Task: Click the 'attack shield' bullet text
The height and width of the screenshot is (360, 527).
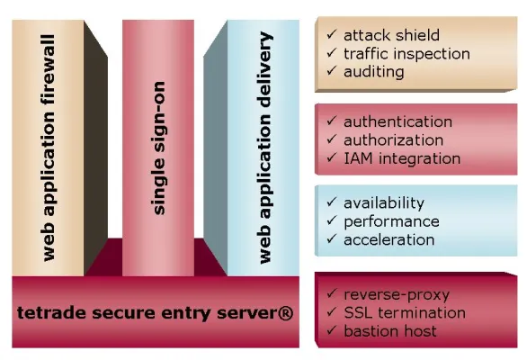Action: pyautogui.click(x=392, y=35)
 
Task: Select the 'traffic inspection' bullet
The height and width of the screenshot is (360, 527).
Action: pyautogui.click(x=406, y=53)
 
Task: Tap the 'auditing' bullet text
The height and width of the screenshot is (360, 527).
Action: pyautogui.click(x=374, y=71)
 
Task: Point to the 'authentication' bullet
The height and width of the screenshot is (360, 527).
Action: pyautogui.click(x=397, y=121)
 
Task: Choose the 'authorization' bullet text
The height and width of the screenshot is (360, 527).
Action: pyautogui.click(x=393, y=139)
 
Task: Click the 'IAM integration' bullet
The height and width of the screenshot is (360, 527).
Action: pyautogui.click(x=401, y=158)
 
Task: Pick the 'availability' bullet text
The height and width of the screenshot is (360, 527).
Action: pyautogui.click(x=384, y=203)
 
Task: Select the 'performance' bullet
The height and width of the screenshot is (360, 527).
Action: pyautogui.click(x=391, y=221)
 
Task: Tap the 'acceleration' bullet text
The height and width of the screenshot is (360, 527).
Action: pyautogui.click(x=389, y=239)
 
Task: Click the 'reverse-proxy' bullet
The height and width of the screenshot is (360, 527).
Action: pyautogui.click(x=397, y=294)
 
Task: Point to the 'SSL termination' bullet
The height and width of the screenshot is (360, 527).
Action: pyautogui.click(x=405, y=312)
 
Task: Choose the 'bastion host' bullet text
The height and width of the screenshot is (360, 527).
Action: pyautogui.click(x=390, y=331)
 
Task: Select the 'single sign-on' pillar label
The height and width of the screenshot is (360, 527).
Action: pyautogui.click(x=158, y=149)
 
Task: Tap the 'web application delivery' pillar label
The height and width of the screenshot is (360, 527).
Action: pyautogui.click(x=264, y=148)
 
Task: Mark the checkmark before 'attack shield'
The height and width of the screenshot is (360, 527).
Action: pyautogui.click(x=332, y=34)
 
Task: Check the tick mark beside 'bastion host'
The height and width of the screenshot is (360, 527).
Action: pyautogui.click(x=332, y=330)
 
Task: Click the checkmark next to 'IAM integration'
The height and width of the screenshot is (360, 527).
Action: pyautogui.click(x=332, y=157)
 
